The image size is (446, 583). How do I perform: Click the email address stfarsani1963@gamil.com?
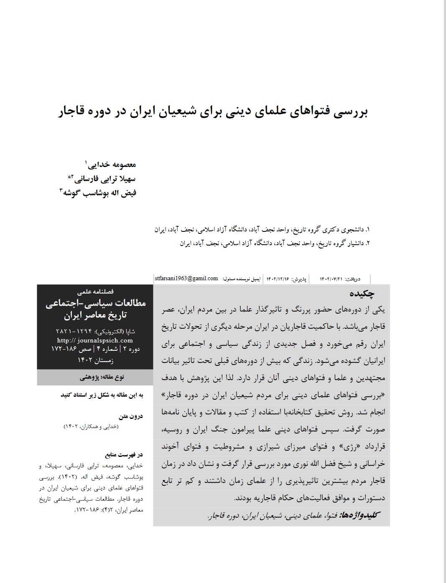pos(186,279)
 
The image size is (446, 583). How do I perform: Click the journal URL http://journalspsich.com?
pos(95,340)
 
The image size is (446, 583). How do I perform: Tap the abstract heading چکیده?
pos(371,294)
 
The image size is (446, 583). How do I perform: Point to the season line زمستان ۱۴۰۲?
pos(95,359)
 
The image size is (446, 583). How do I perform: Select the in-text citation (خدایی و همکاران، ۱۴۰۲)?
pos(91,426)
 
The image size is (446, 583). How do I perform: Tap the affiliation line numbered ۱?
pos(262,229)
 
